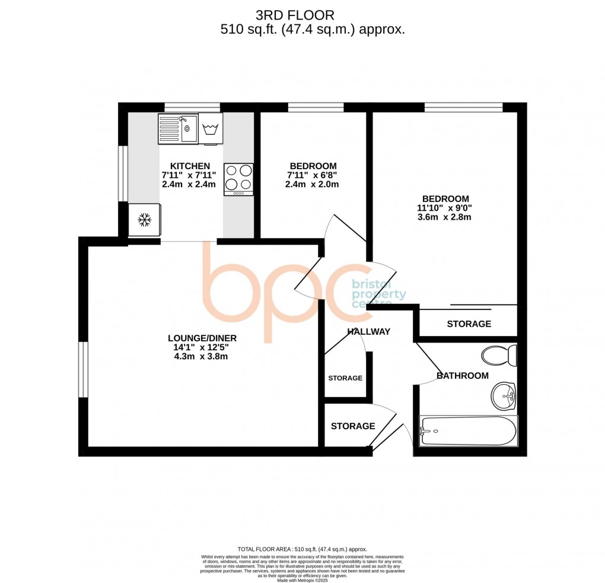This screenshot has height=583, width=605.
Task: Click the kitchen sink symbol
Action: coord(178,128)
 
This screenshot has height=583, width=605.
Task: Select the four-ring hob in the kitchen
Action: coord(238,179)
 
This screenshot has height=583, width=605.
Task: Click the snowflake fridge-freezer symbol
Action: coord(144,220)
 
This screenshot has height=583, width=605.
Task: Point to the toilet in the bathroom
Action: coord(499,355)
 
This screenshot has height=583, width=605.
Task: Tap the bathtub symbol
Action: coord(468,430)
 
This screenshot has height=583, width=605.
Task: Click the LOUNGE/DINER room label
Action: coord(198,338)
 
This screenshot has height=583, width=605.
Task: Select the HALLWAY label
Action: coord(368,331)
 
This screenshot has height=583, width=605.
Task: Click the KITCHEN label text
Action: coord(190,166)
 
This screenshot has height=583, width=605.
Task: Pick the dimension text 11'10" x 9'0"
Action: coord(445,208)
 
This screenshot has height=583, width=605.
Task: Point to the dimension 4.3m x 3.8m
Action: coord(198,357)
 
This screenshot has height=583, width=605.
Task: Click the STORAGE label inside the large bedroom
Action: coord(469,324)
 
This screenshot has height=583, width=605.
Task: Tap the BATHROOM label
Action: coord(462,375)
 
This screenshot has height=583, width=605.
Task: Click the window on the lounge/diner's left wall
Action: coord(84,369)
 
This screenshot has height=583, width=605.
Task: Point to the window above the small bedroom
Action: coord(316,107)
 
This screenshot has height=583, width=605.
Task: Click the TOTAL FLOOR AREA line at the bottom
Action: coord(302,549)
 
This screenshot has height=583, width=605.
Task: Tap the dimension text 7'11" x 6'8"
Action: coord(313,175)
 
